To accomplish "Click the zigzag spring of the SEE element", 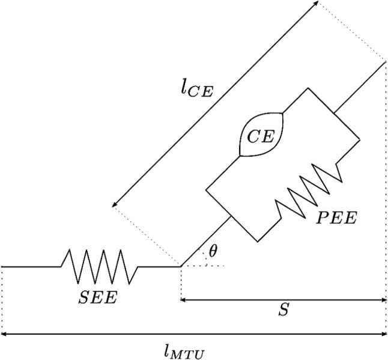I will point(99,266).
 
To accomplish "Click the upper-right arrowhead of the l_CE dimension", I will point(317,4).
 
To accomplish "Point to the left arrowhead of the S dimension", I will point(183,299).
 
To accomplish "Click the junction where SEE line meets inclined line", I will point(181,266).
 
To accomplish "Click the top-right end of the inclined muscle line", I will point(384,61).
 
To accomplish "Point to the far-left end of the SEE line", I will point(2,266).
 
